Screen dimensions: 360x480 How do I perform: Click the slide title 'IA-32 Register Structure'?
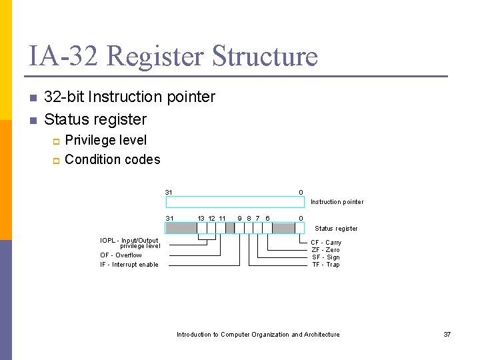click(x=173, y=56)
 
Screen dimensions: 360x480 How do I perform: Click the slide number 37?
click(x=447, y=335)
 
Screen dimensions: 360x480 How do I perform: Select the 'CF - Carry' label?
click(x=326, y=243)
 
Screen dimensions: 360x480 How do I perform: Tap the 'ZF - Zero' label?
click(x=326, y=250)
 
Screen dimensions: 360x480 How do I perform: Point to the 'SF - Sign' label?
click(x=326, y=257)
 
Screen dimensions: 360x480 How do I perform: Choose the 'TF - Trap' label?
click(x=326, y=265)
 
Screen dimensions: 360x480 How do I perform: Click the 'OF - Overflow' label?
click(x=121, y=255)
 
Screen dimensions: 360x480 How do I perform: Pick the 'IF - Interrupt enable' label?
click(x=129, y=265)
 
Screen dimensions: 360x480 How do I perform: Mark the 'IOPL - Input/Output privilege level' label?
click(x=130, y=243)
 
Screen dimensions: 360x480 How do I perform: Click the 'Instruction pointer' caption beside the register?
click(x=337, y=202)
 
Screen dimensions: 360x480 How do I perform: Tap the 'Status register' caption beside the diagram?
click(x=336, y=229)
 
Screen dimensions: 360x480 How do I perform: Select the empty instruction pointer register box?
click(x=235, y=202)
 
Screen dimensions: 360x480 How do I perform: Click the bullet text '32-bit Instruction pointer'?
click(x=129, y=97)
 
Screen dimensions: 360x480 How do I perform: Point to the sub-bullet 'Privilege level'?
click(x=106, y=140)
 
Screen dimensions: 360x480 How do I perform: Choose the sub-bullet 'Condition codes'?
click(x=113, y=159)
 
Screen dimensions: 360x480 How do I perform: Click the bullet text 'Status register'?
click(x=95, y=119)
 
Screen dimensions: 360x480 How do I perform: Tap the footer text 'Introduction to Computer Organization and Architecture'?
click(x=258, y=335)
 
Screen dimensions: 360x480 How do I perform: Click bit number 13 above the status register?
click(x=201, y=218)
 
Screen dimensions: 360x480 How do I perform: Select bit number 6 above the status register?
click(x=267, y=218)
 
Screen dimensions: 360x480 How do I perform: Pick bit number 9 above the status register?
click(x=240, y=218)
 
